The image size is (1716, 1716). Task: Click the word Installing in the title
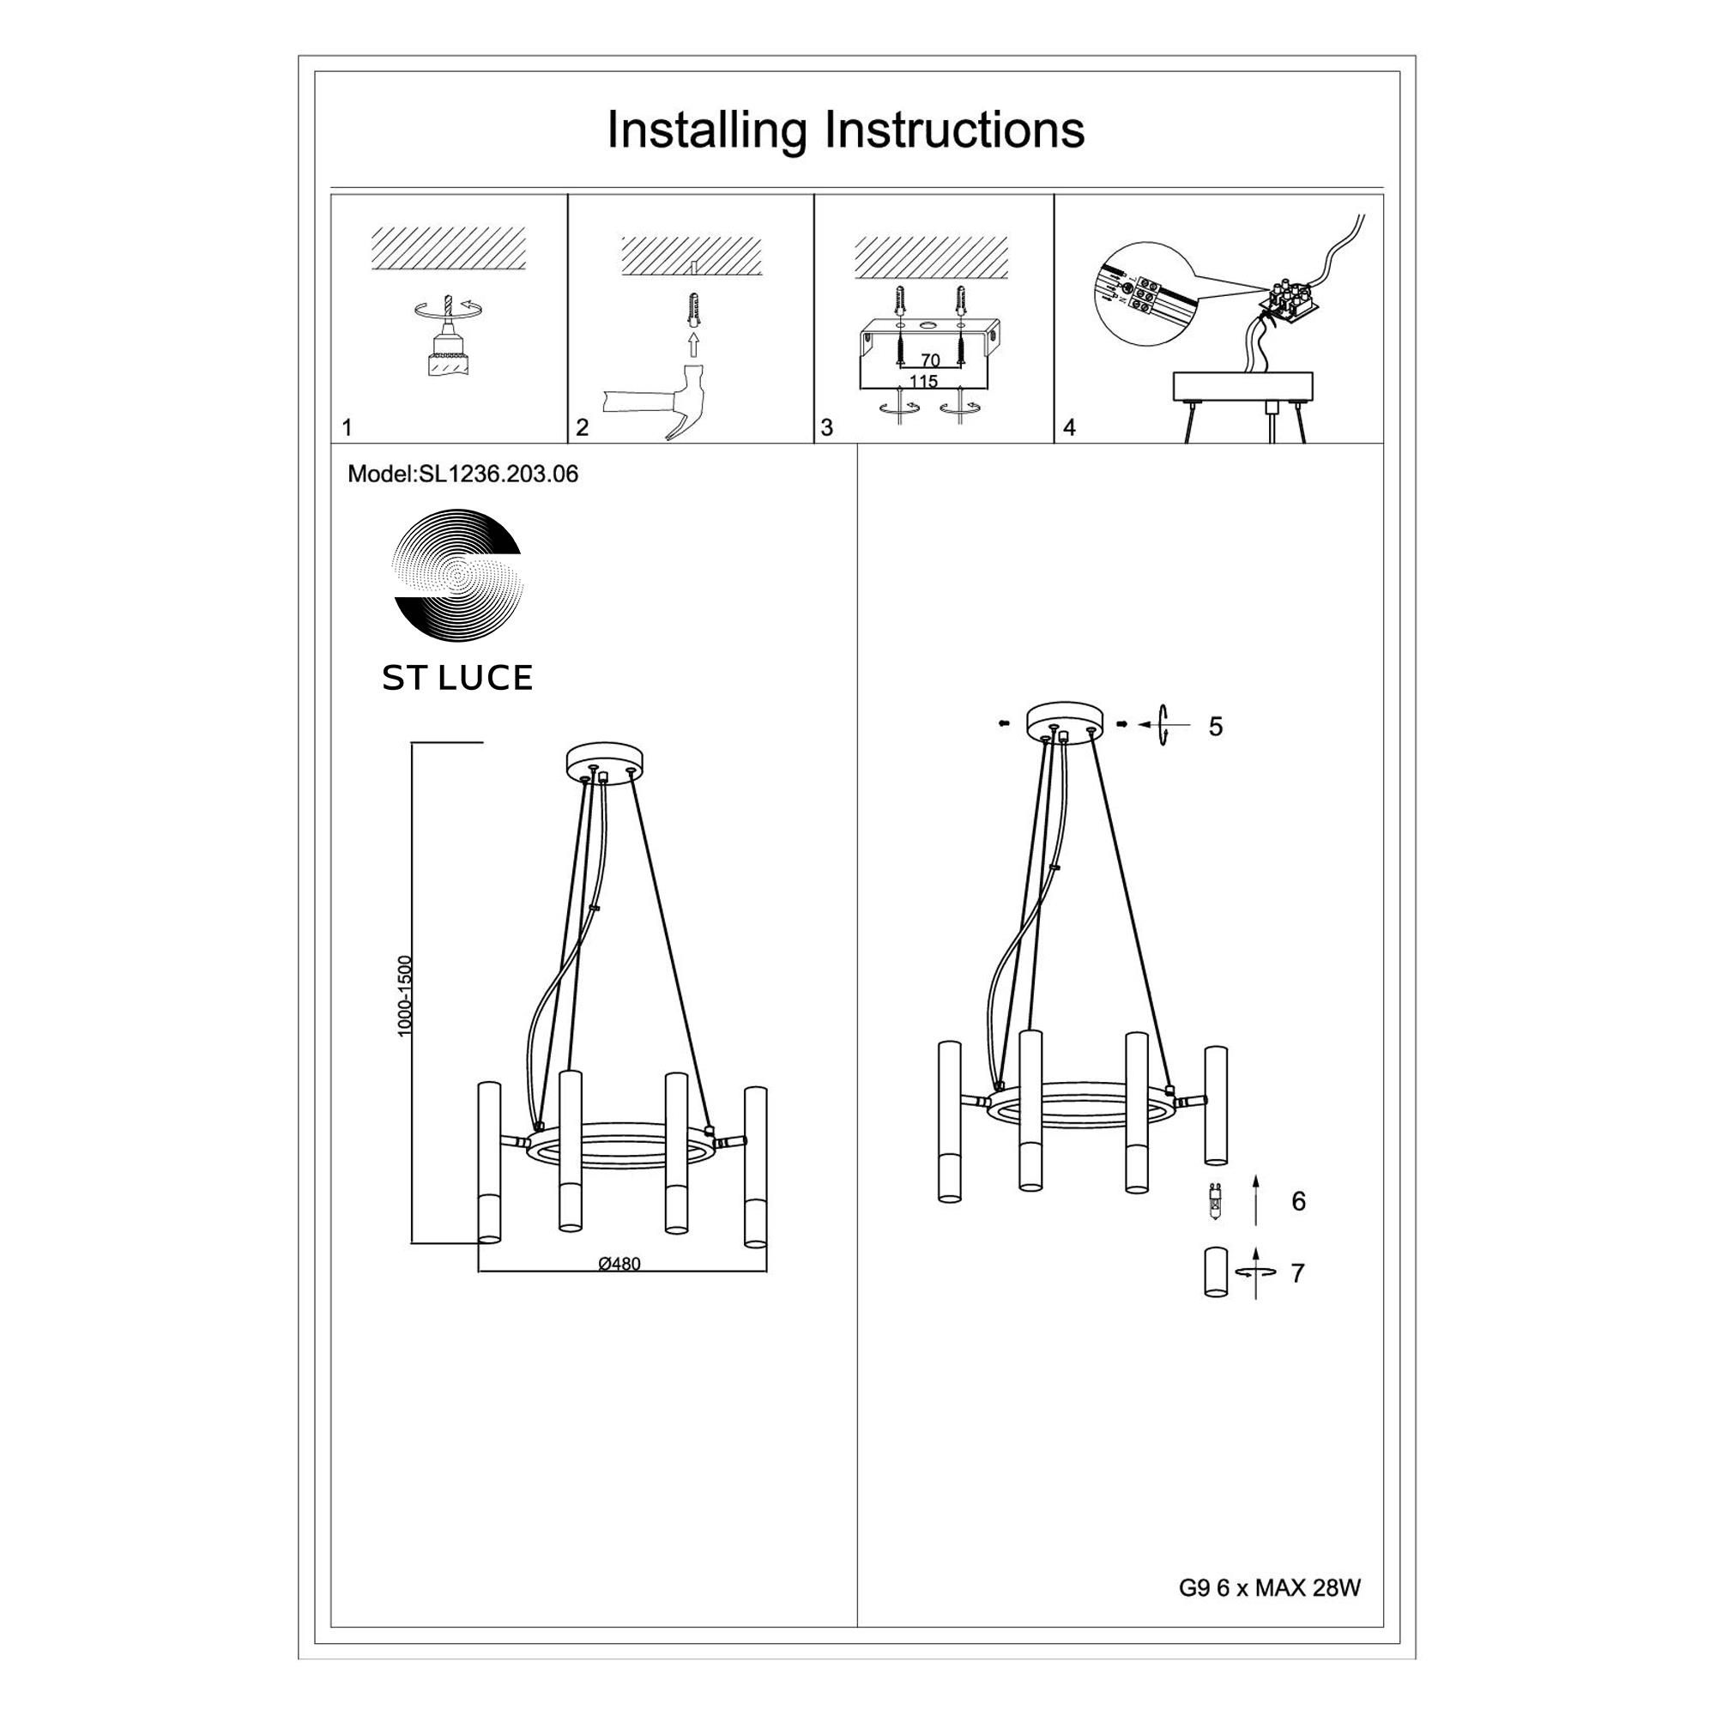pyautogui.click(x=706, y=130)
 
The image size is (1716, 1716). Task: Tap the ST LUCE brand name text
pyautogui.click(x=457, y=678)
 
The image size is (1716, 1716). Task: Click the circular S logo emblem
pyautogui.click(x=457, y=576)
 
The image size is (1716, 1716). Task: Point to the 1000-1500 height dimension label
pyautogui.click(x=406, y=995)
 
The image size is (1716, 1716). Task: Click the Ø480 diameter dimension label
pyautogui.click(x=619, y=1264)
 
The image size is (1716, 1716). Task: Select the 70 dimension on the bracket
pyautogui.click(x=930, y=360)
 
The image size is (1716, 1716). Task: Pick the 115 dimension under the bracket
pyautogui.click(x=924, y=381)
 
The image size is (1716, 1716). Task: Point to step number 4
pyautogui.click(x=1069, y=428)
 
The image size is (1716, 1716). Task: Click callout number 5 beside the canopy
pyautogui.click(x=1216, y=727)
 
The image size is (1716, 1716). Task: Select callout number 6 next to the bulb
pyautogui.click(x=1298, y=1202)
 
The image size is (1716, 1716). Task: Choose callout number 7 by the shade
pyautogui.click(x=1297, y=1273)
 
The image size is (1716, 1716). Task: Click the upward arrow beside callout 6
pyautogui.click(x=1256, y=1200)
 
